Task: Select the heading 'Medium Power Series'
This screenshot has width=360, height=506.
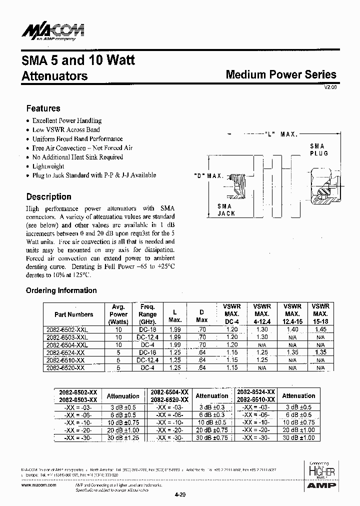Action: tap(281, 75)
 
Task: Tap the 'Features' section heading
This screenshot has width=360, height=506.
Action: tap(43, 108)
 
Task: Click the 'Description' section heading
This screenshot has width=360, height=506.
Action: tap(48, 196)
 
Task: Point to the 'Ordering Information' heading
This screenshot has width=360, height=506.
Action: tap(61, 290)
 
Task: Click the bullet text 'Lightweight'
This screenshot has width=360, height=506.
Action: tap(48, 166)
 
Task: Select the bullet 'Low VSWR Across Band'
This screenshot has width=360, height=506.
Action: tap(65, 129)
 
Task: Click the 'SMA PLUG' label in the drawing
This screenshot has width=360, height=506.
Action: tap(318, 149)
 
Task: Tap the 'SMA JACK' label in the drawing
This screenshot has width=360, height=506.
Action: tap(226, 209)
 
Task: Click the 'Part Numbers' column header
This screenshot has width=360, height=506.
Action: tap(73, 314)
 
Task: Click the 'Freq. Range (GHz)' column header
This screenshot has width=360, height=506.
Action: tap(148, 314)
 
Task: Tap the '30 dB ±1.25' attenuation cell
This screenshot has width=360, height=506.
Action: tap(122, 437)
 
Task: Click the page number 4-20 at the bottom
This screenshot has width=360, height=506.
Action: tap(180, 495)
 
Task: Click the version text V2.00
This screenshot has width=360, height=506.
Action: tap(330, 86)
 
